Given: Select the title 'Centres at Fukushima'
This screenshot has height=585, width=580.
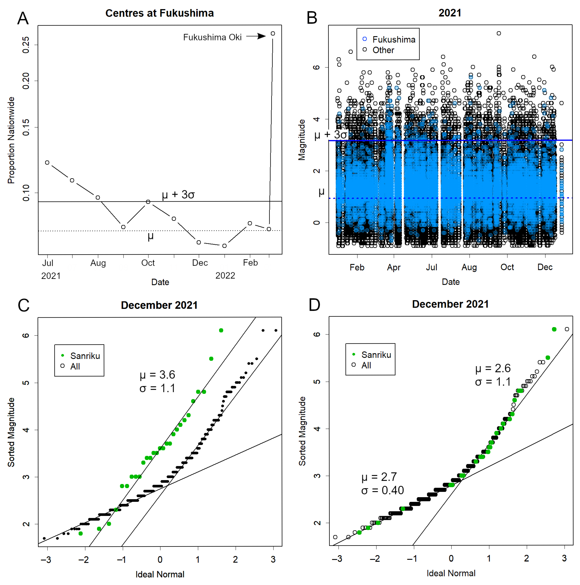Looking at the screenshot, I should [x=159, y=13].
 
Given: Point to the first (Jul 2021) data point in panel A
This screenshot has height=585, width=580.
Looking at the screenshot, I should [x=47, y=163].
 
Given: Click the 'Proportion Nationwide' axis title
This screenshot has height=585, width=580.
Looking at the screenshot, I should [x=11, y=140].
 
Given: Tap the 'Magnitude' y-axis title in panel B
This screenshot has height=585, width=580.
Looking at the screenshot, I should [x=301, y=140].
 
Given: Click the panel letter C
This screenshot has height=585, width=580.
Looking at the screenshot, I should [x=24, y=305].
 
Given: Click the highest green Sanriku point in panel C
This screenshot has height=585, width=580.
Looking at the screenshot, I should [x=221, y=330].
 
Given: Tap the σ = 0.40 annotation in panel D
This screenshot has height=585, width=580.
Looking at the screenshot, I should [x=382, y=490].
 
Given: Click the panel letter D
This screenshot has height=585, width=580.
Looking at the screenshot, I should [x=314, y=305].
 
